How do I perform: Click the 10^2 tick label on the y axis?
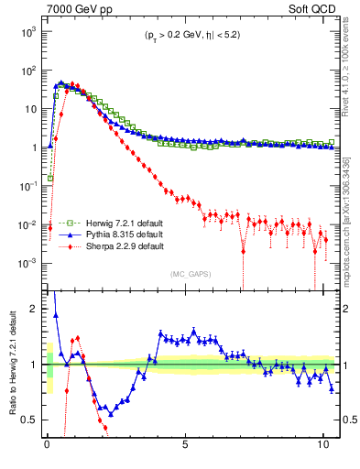(27, 70)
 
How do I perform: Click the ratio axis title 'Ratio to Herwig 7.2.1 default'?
(10, 364)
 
